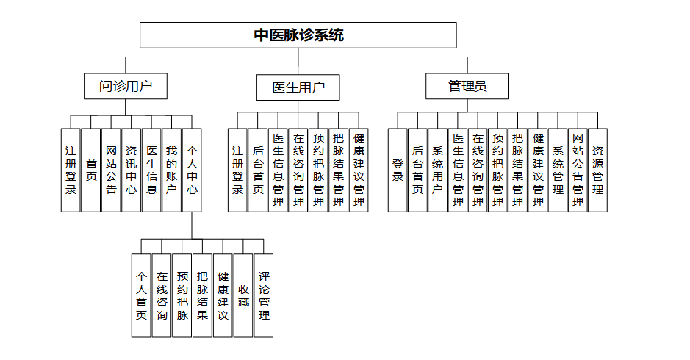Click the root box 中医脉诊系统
[298, 35]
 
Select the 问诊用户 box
[126, 87]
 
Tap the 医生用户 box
[298, 87]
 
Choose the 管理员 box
[467, 87]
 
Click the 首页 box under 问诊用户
[91, 170]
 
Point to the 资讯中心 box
[131, 170]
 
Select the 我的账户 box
[171, 170]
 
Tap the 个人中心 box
[191, 170]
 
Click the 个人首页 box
[142, 295]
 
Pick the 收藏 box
[243, 295]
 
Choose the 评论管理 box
[264, 295]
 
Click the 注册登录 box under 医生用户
[237, 170]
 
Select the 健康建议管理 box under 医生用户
[359, 170]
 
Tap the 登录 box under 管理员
[398, 170]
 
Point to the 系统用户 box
[437, 170]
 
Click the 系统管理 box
[558, 170]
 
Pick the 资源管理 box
[597, 170]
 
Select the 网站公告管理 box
[578, 170]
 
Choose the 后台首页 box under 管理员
[417, 170]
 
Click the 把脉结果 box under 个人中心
[203, 295]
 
